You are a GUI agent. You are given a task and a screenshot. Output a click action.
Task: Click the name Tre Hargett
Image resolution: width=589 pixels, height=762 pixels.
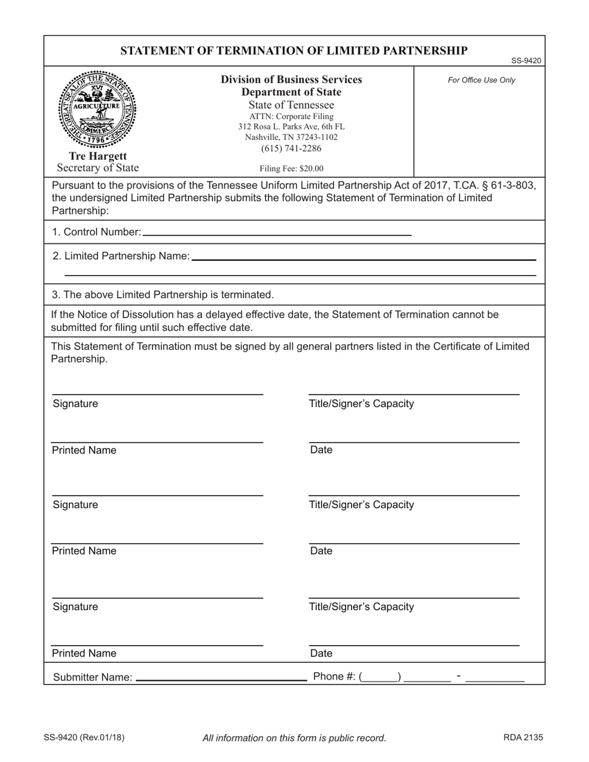click(x=97, y=157)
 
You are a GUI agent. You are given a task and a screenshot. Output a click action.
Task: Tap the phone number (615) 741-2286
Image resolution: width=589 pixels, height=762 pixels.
click(x=291, y=148)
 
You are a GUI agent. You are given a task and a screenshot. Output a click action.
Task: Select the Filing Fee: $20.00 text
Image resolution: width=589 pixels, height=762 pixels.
click(x=291, y=168)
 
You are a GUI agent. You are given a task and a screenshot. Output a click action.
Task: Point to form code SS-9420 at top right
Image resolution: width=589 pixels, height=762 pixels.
click(x=526, y=61)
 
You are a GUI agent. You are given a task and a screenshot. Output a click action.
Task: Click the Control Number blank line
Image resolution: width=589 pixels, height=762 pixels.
click(x=277, y=233)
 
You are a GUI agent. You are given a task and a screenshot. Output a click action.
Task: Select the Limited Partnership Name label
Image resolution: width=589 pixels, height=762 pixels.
click(x=121, y=256)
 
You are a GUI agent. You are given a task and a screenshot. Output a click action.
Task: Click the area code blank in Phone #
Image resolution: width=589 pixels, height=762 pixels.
click(x=380, y=677)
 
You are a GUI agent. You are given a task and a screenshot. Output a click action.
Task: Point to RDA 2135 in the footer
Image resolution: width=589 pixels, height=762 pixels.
click(x=523, y=737)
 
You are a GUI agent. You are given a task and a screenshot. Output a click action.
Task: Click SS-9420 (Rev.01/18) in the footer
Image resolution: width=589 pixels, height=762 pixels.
click(x=84, y=737)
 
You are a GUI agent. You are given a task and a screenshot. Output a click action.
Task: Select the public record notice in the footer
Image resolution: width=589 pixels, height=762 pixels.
click(x=294, y=738)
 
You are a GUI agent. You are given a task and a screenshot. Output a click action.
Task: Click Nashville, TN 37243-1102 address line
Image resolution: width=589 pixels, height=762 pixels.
click(x=291, y=137)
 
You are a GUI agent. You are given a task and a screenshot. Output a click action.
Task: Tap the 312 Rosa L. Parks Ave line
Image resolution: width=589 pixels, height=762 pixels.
click(x=291, y=126)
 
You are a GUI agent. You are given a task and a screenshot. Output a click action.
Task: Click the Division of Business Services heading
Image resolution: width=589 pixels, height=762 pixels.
click(x=291, y=80)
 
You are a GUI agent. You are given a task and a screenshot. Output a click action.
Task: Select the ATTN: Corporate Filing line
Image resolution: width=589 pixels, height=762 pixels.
click(x=291, y=116)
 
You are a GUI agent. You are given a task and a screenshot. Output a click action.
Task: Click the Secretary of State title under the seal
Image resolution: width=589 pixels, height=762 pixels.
click(x=98, y=168)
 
